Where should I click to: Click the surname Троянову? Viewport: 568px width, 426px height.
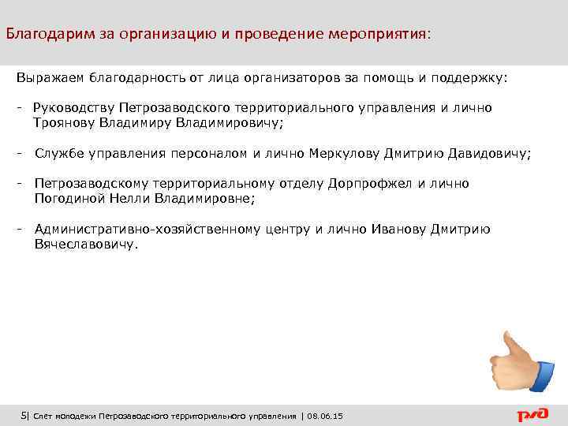[x=64, y=123]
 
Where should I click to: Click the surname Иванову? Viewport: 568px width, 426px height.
[x=398, y=230]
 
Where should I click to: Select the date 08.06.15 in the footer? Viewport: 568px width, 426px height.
[x=331, y=416]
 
